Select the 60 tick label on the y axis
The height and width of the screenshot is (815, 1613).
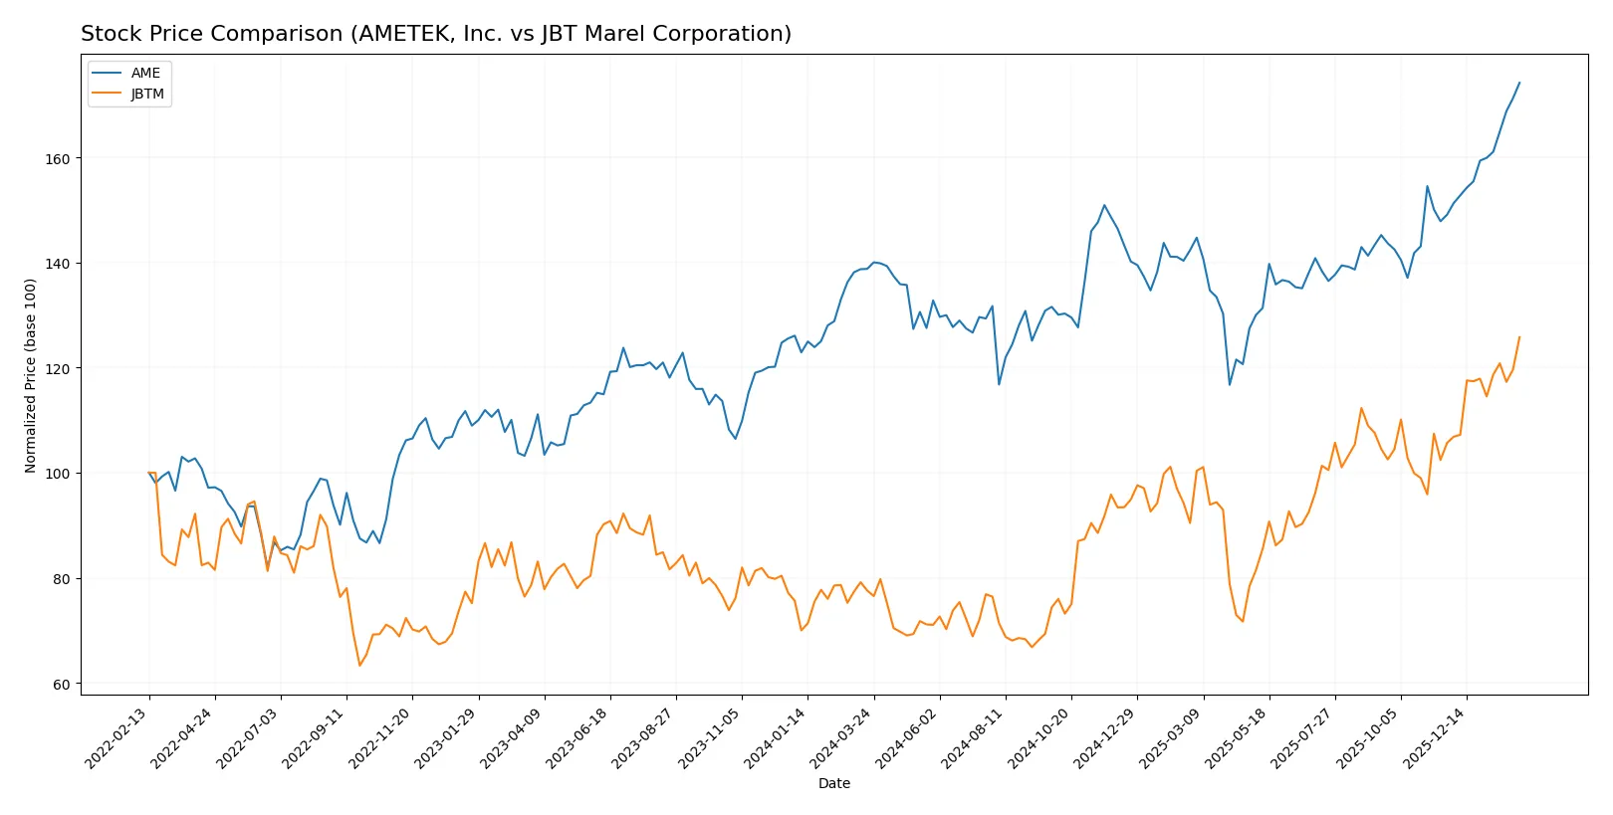point(61,685)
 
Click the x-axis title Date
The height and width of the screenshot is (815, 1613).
point(833,784)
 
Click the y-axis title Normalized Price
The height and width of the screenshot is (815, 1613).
point(31,375)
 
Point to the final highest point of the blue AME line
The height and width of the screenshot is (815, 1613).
point(1519,83)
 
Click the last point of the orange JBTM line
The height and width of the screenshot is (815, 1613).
point(1519,337)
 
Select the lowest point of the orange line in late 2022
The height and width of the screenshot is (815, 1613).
point(359,666)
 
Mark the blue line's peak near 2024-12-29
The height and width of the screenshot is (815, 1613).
point(1104,205)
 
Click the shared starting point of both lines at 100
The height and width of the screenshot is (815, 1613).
point(149,473)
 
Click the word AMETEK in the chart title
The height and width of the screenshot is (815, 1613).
point(401,34)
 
